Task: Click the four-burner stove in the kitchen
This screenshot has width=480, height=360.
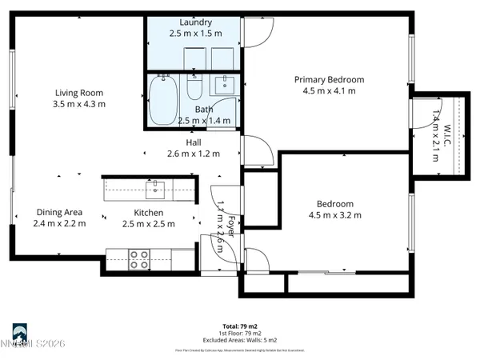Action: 140,258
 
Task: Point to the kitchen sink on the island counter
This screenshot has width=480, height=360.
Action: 156,190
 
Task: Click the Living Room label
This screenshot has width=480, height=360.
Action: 79,92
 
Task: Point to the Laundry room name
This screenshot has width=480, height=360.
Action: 195,22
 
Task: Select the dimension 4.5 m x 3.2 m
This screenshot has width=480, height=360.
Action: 335,214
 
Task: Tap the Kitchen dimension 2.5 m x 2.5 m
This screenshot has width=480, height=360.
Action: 149,224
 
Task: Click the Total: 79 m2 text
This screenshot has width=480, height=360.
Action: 239,327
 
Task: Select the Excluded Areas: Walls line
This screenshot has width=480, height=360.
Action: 239,339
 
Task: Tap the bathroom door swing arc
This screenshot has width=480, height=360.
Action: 229,112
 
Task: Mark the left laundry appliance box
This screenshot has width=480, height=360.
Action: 195,59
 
